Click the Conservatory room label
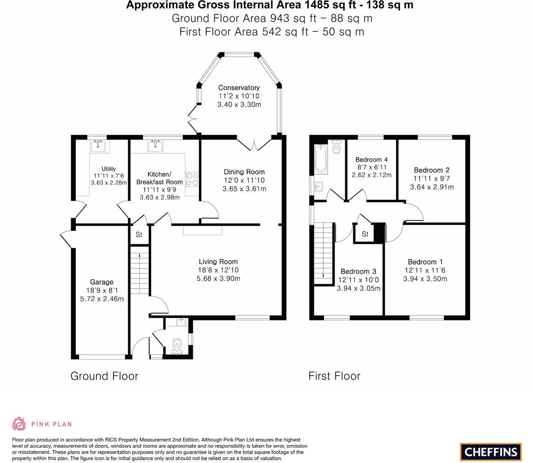(239, 88)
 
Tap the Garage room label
(102, 282)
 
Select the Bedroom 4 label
(371, 160)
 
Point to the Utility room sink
(98, 146)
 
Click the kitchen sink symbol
(155, 146)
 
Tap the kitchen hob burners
(192, 179)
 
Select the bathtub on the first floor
(321, 159)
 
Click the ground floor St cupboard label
(139, 234)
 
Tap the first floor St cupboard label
(365, 234)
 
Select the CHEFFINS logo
(491, 452)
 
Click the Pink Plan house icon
(19, 424)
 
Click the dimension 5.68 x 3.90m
(218, 278)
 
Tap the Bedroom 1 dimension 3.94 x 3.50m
(425, 279)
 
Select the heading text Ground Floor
(104, 376)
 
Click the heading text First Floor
(334, 376)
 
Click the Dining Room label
(244, 172)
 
